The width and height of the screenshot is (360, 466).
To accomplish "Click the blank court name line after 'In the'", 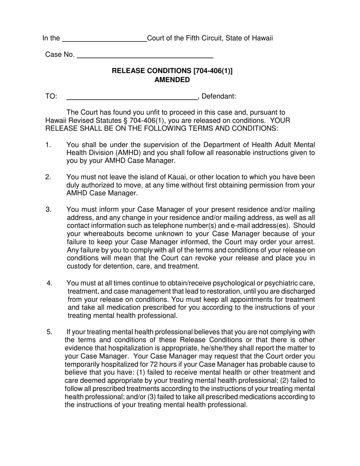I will [x=104, y=40].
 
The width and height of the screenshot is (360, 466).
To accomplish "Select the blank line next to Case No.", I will [x=145, y=57].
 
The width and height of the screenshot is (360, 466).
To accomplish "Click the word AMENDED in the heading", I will [x=172, y=80].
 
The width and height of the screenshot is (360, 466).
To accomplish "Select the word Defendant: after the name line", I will [x=219, y=96].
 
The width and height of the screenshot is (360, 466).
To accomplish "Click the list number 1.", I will [x=48, y=145].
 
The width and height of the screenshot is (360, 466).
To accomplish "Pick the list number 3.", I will [x=48, y=210].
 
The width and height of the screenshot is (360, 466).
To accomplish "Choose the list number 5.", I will [x=49, y=332].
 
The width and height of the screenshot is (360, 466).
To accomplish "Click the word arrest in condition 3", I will [x=305, y=242].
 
